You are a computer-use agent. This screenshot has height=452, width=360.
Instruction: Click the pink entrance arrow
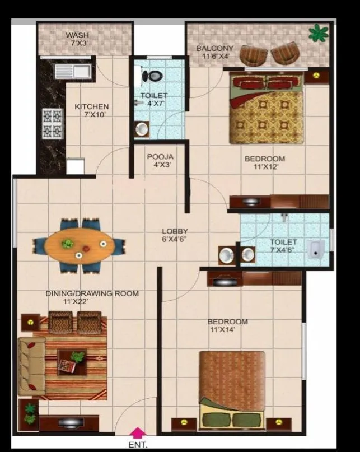[x=137, y=432]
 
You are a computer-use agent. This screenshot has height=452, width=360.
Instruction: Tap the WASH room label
[x=77, y=34]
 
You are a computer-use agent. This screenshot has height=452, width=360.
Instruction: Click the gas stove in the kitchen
[x=52, y=124]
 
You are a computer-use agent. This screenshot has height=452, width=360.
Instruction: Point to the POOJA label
[x=160, y=157]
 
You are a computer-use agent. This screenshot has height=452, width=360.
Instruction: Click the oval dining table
[x=78, y=245]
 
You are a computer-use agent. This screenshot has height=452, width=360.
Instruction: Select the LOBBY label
[x=175, y=231]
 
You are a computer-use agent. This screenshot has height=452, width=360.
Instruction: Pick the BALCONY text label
[x=214, y=49]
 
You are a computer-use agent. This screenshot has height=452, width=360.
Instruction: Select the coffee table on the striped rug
[x=72, y=361]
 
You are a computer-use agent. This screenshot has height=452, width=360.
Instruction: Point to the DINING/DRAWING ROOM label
[x=92, y=293]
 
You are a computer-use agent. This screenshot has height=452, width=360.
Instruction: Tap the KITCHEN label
[x=92, y=106]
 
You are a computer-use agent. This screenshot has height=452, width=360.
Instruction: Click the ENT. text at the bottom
[x=137, y=445]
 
